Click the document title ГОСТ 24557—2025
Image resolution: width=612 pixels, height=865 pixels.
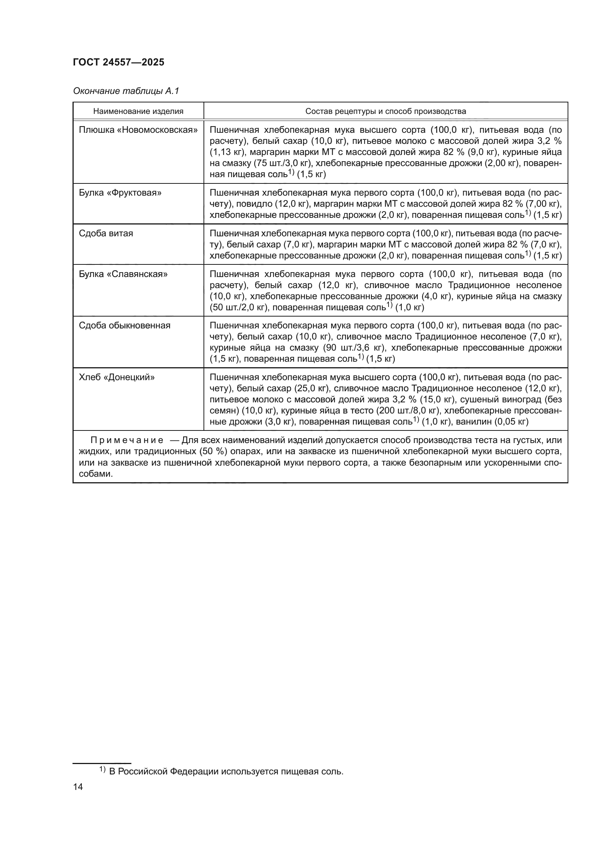click(x=118, y=62)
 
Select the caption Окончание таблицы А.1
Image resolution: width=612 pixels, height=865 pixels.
click(x=126, y=91)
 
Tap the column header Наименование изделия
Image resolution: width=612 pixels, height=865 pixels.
click(x=138, y=112)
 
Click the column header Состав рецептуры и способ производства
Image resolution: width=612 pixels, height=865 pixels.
click(x=386, y=112)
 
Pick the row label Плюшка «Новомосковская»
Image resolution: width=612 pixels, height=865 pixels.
click(x=138, y=130)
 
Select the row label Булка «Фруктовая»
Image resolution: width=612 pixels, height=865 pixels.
click(x=120, y=193)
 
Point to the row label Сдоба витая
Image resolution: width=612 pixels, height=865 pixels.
click(x=106, y=234)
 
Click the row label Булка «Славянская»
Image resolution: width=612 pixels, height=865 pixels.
click(x=123, y=274)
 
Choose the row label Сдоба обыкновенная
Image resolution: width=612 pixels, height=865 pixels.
click(x=124, y=325)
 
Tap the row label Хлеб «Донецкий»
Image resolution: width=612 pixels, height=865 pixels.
click(x=117, y=378)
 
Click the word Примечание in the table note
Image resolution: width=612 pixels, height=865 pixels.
click(x=127, y=440)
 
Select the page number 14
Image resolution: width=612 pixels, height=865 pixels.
click(x=78, y=787)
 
